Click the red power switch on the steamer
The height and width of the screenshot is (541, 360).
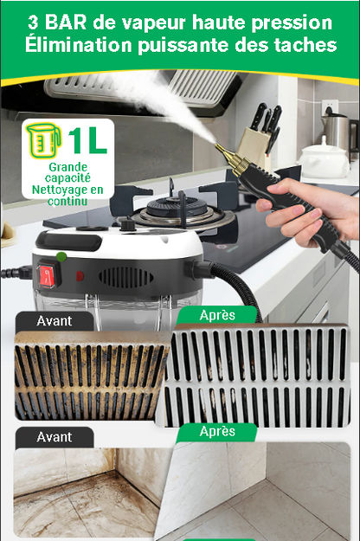(48, 275)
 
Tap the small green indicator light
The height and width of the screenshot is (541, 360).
(61, 257)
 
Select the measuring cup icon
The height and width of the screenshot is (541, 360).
(44, 140)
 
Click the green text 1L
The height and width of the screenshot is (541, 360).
(87, 141)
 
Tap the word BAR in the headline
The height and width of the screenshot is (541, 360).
(66, 23)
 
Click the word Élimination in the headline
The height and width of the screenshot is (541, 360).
(78, 44)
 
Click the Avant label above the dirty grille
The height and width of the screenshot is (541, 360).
(55, 321)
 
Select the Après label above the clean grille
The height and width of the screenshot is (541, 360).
(217, 315)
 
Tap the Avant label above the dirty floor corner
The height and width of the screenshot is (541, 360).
(55, 437)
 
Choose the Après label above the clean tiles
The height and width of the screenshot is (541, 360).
(217, 431)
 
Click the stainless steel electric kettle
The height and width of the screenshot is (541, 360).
(337, 132)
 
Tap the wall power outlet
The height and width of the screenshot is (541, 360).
(330, 108)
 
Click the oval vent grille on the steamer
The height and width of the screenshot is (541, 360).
(125, 277)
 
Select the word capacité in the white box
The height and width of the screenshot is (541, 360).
(67, 178)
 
